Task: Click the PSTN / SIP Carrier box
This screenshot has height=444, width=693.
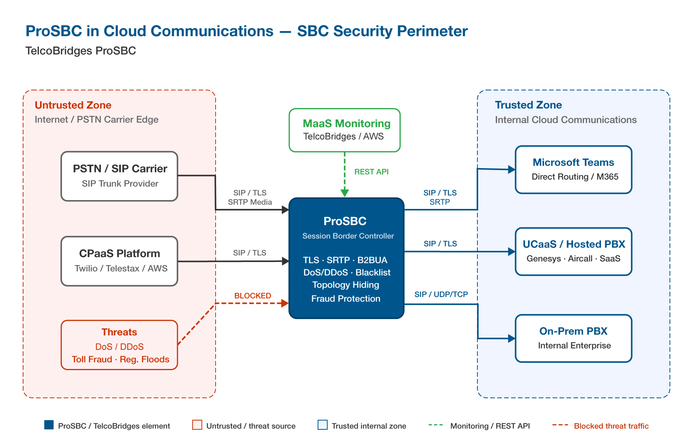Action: (119, 176)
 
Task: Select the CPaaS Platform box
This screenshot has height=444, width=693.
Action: (119, 261)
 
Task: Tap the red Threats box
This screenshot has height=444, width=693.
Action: (119, 345)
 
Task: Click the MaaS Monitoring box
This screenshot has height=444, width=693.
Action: (345, 130)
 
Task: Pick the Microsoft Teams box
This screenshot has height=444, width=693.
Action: (573, 169)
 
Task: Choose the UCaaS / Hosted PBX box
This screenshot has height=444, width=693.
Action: (573, 251)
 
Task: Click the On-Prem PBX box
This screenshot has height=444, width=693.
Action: (573, 338)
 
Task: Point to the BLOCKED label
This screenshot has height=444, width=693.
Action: (253, 295)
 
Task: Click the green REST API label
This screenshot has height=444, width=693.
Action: (371, 172)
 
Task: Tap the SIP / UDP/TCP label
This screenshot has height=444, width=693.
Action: (441, 294)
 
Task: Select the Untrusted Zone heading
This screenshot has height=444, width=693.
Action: (73, 105)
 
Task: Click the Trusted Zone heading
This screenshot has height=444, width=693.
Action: (528, 105)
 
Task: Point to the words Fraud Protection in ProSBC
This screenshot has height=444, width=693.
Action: (346, 299)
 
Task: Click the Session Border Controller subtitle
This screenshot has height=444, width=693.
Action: (348, 236)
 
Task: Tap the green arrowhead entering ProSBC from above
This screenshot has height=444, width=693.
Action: (345, 193)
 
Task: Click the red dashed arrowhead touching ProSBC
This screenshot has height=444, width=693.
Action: (285, 303)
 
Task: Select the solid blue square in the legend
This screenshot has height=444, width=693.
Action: (49, 425)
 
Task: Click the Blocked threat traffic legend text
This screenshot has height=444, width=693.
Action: (611, 426)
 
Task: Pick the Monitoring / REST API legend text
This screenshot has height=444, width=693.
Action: (490, 426)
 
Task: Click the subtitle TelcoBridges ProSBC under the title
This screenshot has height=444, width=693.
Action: (80, 51)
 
